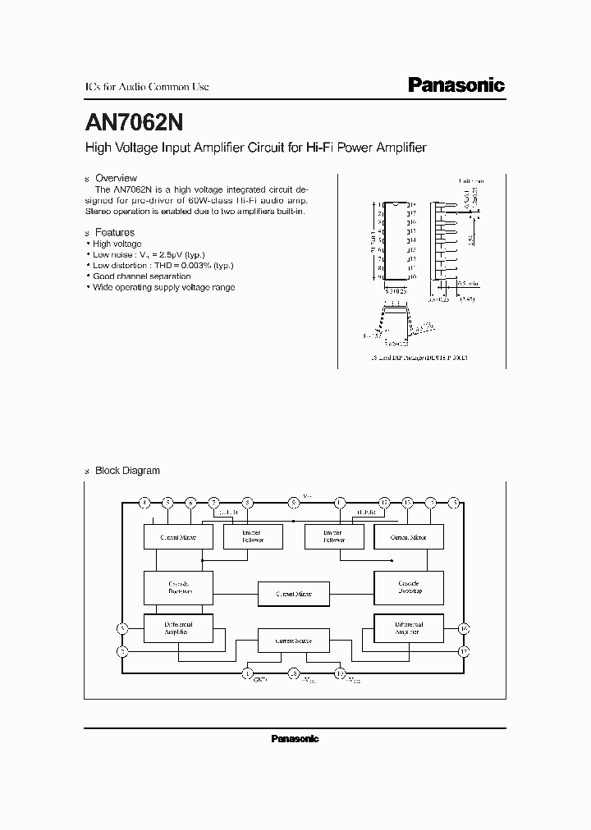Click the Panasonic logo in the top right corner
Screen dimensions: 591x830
click(x=456, y=85)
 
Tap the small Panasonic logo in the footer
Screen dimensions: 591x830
click(x=295, y=739)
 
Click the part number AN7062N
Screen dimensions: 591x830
click(x=135, y=122)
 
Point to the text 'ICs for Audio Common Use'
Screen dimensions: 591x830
click(x=148, y=86)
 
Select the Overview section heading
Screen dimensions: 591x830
click(x=116, y=178)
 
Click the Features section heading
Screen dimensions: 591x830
click(x=115, y=233)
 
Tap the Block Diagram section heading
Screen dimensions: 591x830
click(x=127, y=471)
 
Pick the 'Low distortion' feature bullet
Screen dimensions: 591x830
click(x=163, y=266)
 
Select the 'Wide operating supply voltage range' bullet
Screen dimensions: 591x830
click(x=163, y=287)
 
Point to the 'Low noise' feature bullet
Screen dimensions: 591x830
click(x=148, y=255)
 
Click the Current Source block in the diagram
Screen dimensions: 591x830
click(x=293, y=640)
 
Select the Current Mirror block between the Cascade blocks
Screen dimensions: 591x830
click(x=293, y=593)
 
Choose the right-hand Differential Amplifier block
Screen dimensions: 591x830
click(x=408, y=628)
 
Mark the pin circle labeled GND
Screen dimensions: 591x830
click(x=248, y=674)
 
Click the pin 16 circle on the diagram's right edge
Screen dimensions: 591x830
click(x=464, y=629)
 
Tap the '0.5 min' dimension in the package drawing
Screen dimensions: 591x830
click(x=467, y=282)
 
